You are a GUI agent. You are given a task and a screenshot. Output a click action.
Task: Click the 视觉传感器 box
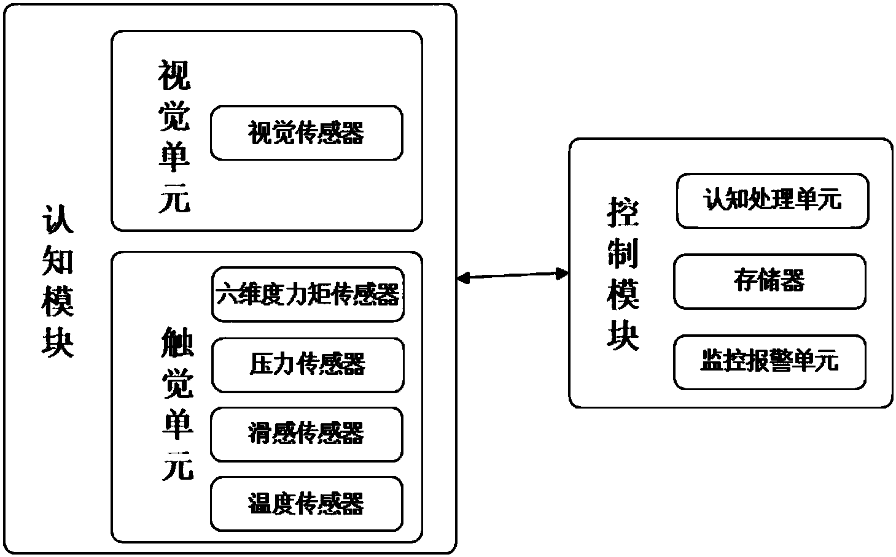click(306, 133)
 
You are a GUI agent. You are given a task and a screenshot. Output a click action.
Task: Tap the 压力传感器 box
click(308, 364)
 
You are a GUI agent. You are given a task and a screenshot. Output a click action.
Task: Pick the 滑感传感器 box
click(306, 434)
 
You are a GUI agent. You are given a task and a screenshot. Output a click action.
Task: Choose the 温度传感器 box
click(306, 504)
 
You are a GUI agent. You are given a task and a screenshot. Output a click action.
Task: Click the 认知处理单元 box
click(772, 201)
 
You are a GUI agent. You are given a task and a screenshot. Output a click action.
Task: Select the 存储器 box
click(769, 282)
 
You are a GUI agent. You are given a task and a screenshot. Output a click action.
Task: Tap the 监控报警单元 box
click(769, 362)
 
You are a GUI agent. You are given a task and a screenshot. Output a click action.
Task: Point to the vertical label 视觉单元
click(174, 136)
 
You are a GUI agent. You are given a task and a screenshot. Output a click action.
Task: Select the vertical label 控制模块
click(623, 274)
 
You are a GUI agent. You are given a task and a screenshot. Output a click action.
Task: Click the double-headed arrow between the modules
click(513, 277)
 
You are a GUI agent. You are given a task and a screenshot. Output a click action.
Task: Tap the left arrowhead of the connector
click(462, 279)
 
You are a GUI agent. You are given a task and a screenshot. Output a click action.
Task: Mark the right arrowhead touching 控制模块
click(563, 274)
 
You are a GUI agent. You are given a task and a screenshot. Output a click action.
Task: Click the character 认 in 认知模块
click(58, 218)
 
